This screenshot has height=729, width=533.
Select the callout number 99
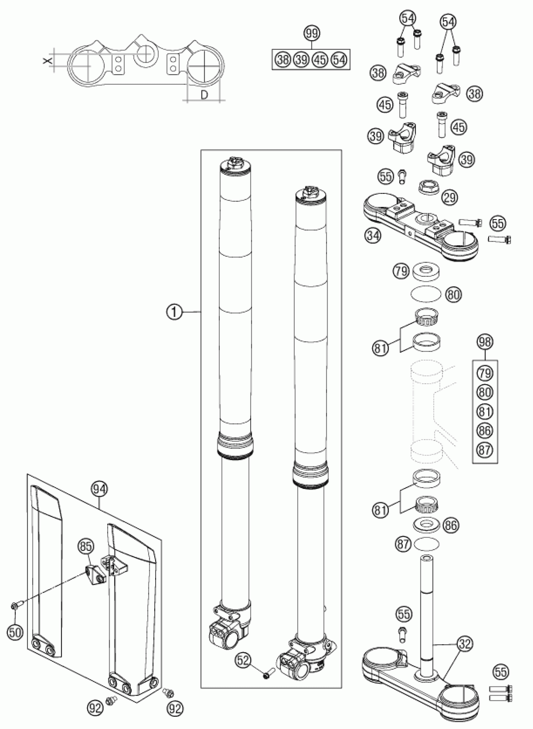tap(312, 34)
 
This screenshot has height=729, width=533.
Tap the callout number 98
tap(485, 342)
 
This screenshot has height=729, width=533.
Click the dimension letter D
tap(204, 94)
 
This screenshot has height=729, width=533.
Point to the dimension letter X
tap(47, 60)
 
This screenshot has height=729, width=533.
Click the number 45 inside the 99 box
tap(320, 60)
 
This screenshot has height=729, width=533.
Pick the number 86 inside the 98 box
tap(485, 430)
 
